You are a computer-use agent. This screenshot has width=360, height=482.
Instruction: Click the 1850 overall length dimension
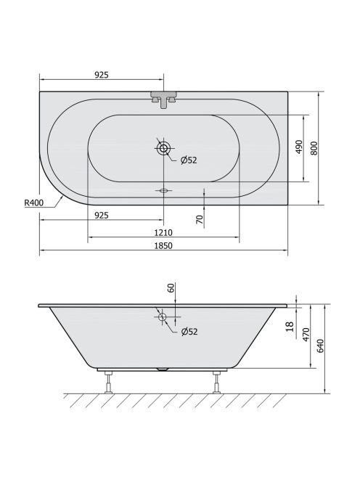click(x=163, y=245)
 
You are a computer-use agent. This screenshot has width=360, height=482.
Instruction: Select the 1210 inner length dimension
click(x=163, y=233)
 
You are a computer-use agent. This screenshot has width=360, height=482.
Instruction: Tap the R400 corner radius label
click(x=34, y=203)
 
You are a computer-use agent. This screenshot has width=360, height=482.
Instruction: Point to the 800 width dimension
click(x=314, y=148)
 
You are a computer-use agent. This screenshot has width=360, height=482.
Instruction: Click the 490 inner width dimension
click(x=299, y=147)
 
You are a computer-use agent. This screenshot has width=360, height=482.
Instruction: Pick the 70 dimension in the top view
click(x=200, y=219)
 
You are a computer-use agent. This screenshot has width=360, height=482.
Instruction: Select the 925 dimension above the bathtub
click(x=102, y=75)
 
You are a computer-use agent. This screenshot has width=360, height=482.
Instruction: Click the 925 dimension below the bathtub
click(x=102, y=215)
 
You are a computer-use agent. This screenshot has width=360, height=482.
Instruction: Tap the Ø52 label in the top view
click(x=189, y=160)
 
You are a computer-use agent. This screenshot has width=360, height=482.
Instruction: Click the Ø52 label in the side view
click(x=189, y=331)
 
